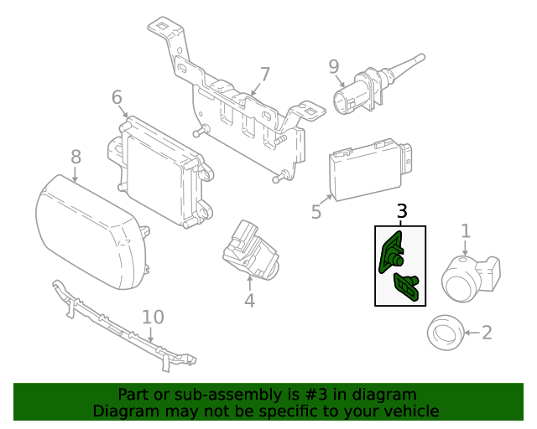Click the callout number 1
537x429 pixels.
coord(465,231)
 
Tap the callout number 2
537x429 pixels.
coord(487,333)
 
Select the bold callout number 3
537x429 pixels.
coord(402,212)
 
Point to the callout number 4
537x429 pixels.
coord(249,300)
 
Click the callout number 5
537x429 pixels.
coord(316,212)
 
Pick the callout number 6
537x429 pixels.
coord(117,98)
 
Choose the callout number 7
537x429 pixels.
coord(265,74)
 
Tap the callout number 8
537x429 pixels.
coord(76,156)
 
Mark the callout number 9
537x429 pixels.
coord(333,65)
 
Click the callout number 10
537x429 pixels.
coord(153,317)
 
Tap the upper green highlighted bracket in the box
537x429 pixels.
coord(391,253)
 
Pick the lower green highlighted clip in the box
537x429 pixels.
coord(407,287)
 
